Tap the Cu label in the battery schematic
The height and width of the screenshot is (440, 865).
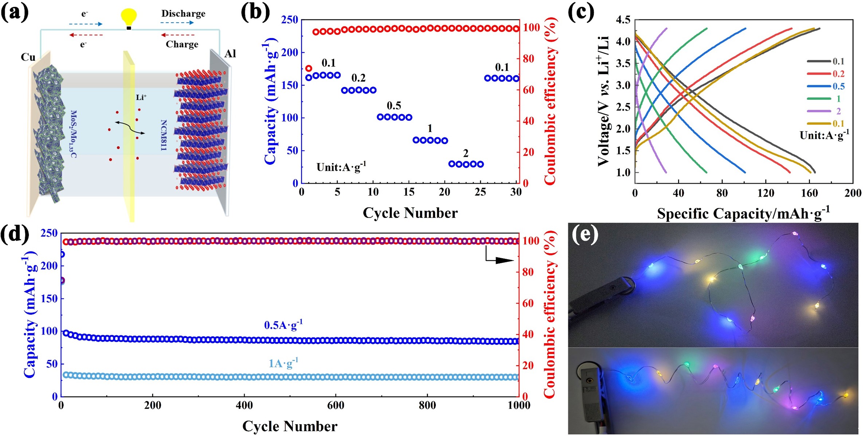click(28, 57)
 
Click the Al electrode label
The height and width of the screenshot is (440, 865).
click(230, 54)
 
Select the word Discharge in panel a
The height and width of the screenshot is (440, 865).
click(183, 13)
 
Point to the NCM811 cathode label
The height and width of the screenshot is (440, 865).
click(164, 135)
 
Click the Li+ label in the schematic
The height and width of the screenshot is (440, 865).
click(141, 97)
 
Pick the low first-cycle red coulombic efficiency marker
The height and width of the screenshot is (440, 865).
click(309, 68)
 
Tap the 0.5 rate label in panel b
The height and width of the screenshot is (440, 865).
click(394, 106)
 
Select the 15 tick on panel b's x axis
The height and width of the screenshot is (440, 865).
click(409, 192)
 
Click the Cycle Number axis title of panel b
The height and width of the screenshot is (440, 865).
click(410, 213)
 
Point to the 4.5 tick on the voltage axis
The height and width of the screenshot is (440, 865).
click(623, 20)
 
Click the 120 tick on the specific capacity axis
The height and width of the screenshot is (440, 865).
click(766, 193)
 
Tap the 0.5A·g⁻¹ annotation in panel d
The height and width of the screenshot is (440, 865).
click(283, 325)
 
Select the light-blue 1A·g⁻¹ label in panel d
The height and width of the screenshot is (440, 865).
click(283, 363)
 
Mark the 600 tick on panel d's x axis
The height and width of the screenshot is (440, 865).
click(336, 405)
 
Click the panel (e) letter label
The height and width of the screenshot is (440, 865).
click(585, 235)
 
